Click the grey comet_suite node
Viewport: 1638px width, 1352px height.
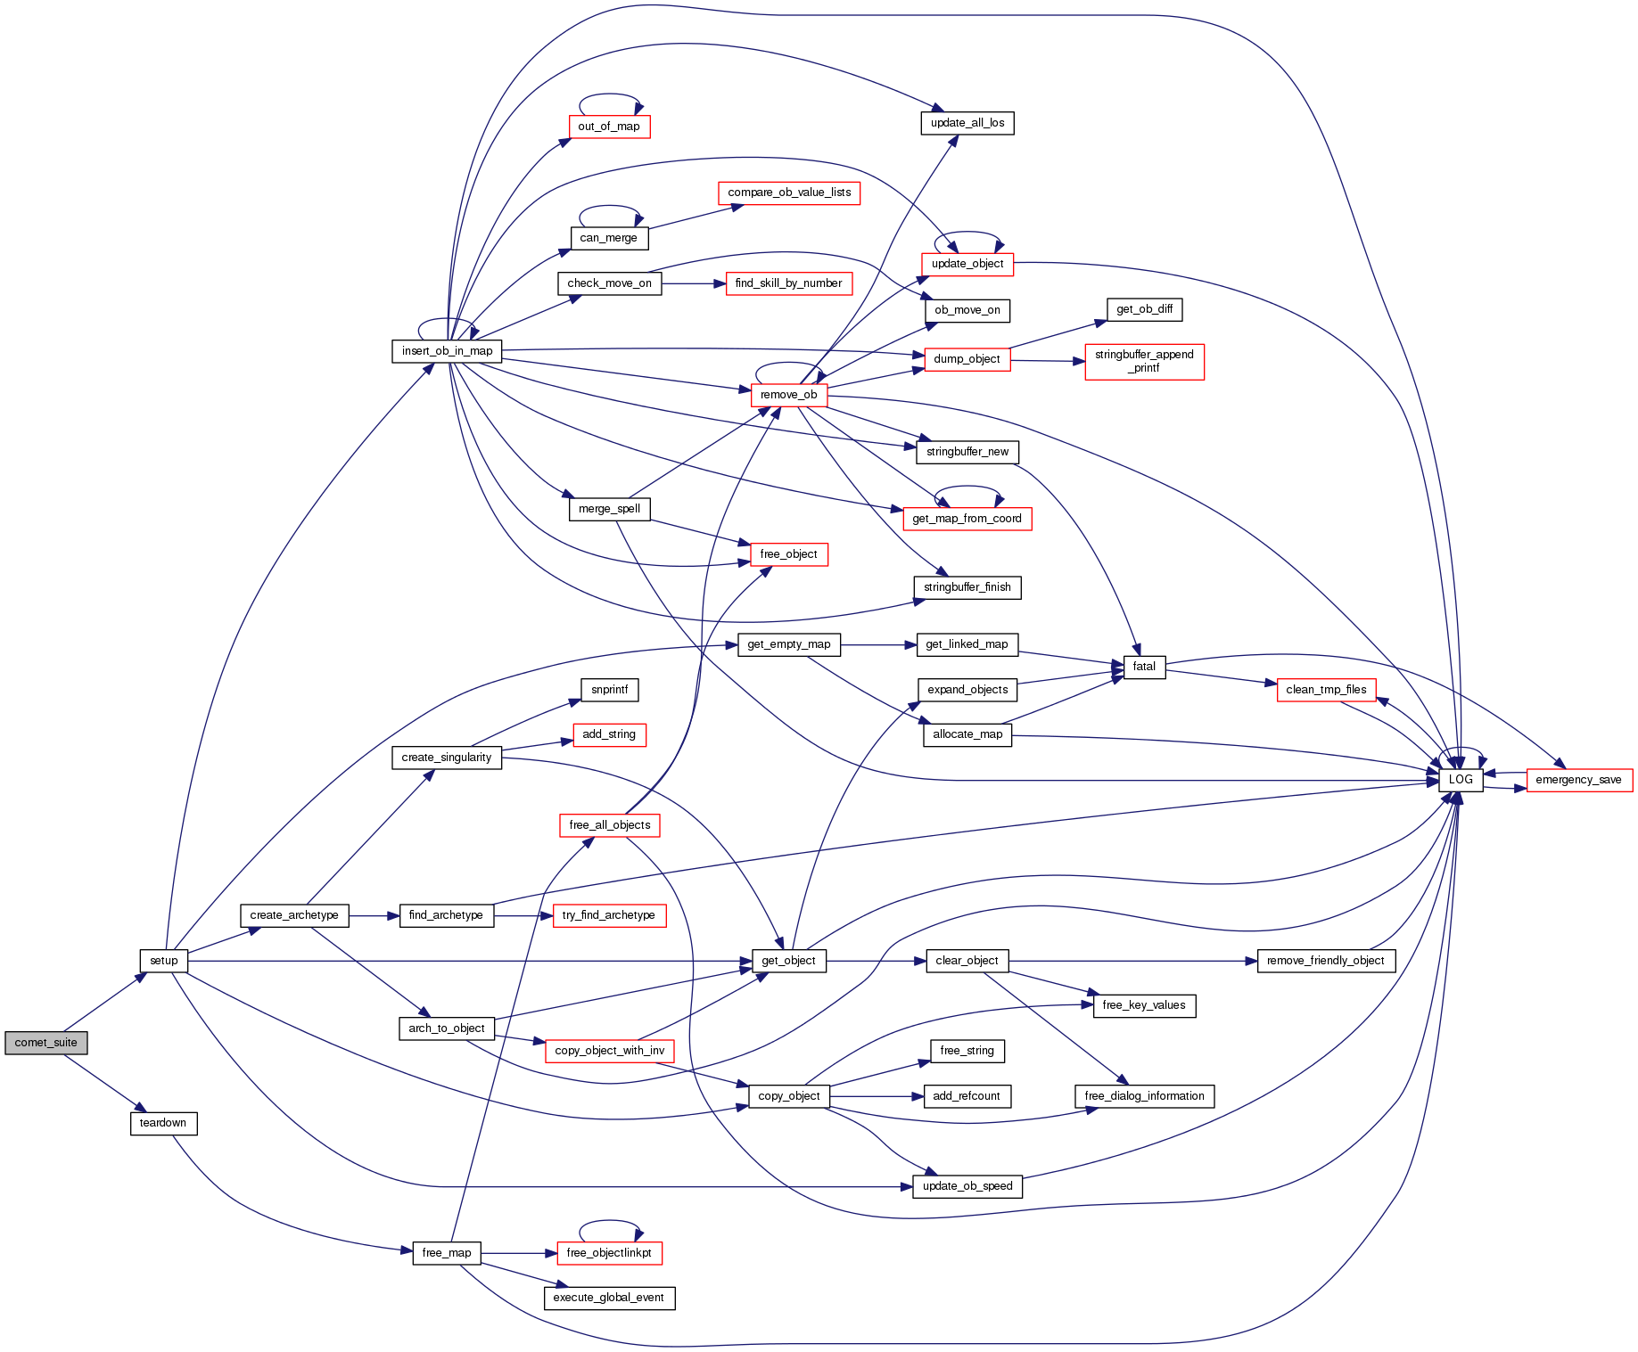pos(46,1043)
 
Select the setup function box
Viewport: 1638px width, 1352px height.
pos(164,961)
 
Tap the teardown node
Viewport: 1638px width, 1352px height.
pos(163,1123)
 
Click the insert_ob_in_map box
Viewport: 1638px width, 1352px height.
pos(447,351)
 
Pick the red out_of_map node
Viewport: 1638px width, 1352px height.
pos(609,127)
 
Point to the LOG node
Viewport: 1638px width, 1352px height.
pos(1461,780)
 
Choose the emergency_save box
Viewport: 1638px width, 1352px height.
pos(1578,780)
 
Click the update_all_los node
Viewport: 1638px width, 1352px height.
pos(967,123)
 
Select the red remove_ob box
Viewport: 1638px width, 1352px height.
pos(788,395)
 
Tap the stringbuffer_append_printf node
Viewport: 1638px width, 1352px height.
pos(1144,361)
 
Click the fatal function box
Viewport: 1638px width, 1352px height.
pos(1144,667)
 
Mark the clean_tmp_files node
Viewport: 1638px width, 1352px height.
pos(1326,690)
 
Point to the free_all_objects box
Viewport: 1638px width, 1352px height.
pos(610,825)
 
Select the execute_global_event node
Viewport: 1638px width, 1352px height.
pos(609,1298)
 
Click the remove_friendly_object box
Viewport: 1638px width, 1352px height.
pos(1325,961)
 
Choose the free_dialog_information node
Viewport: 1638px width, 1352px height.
pos(1144,1096)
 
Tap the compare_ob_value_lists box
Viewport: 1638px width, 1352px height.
pos(789,193)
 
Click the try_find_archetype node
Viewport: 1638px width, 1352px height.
pos(609,915)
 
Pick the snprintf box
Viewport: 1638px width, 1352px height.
pos(610,690)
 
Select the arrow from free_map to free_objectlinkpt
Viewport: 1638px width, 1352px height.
pos(518,1253)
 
